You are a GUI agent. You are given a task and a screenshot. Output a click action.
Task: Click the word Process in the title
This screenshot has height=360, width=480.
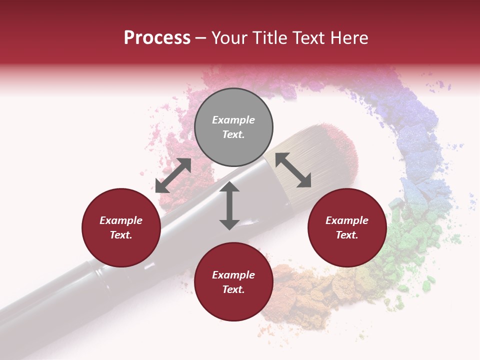(157, 38)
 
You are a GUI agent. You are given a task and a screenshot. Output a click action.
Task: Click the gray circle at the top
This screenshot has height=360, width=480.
(233, 127)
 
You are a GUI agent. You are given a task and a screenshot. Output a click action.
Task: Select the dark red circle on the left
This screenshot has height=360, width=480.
(121, 227)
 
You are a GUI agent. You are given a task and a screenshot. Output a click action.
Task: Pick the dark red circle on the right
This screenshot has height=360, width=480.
(347, 227)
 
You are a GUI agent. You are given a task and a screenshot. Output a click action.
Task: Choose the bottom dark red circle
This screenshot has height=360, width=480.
(233, 281)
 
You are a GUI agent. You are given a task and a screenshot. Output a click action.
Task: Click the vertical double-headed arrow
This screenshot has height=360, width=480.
(229, 205)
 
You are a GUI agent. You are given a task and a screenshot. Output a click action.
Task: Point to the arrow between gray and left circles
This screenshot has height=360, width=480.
(173, 175)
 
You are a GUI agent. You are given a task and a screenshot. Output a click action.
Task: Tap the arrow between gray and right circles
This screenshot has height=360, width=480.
(293, 170)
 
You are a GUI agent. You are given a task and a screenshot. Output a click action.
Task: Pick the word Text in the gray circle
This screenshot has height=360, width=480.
(233, 134)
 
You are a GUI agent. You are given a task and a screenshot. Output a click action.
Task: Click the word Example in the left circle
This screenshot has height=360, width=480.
(121, 220)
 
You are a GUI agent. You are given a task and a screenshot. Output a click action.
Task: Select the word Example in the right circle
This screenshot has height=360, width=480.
(347, 220)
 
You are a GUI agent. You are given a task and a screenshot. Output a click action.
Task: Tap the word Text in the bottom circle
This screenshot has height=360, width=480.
(233, 289)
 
